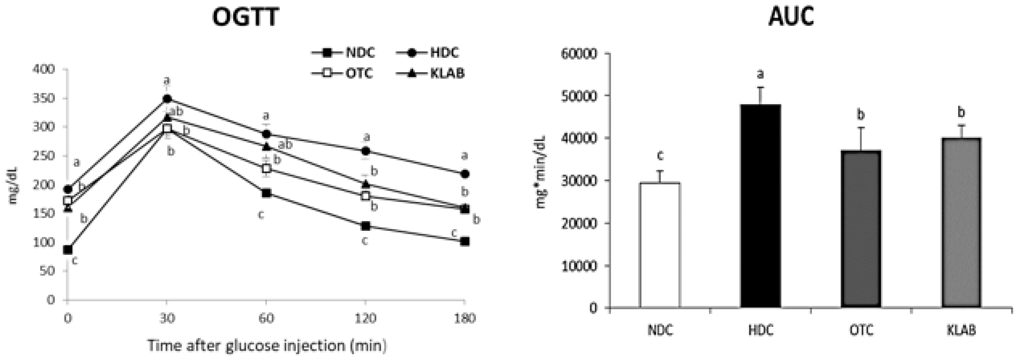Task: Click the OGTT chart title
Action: point(245,18)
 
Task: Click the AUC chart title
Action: point(791,18)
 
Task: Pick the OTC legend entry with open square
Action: point(343,73)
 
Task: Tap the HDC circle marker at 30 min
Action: point(167,98)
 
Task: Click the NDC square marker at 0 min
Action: point(68,249)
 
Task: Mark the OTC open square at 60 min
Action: point(266,168)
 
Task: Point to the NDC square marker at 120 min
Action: point(365,226)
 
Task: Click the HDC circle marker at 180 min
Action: point(465,174)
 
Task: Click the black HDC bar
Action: point(760,206)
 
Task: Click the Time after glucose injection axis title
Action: point(267,345)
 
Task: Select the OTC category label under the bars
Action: point(861,330)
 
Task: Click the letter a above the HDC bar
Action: point(760,74)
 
